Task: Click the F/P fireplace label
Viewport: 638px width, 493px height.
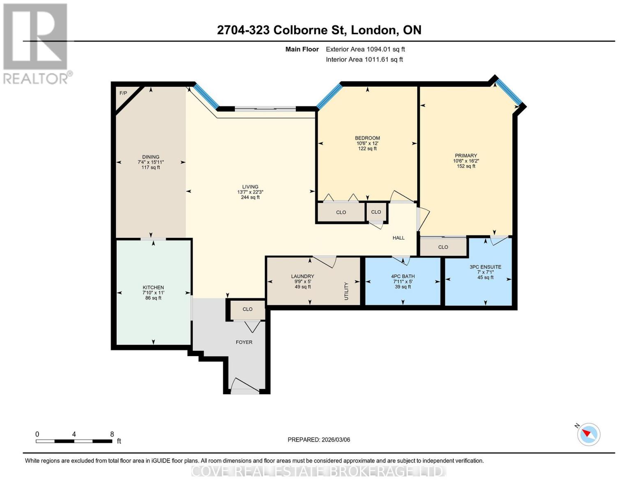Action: coord(123,93)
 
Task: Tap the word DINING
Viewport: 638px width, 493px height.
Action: coord(151,157)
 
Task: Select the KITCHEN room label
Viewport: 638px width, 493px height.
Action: coord(153,288)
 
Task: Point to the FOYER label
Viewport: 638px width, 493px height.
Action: coord(244,342)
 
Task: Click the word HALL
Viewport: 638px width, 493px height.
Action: coord(398,238)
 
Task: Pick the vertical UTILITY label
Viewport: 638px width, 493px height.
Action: coord(346,291)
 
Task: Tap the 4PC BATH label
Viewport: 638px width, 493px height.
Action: coord(403,276)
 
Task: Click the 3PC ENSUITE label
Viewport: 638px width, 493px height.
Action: coord(485,267)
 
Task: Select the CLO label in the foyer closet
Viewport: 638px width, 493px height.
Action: coord(247,309)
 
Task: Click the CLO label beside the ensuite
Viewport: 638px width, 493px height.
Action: coord(443,247)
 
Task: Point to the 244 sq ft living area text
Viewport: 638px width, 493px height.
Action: coord(250,197)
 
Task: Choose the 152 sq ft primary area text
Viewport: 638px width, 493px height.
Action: coord(466,166)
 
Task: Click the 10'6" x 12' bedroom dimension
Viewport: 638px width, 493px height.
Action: coord(367,143)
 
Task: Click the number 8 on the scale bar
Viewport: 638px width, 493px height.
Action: coord(112,434)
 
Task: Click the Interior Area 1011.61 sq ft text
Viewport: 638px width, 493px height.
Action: coord(364,60)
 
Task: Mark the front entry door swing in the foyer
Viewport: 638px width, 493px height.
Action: coord(245,385)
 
